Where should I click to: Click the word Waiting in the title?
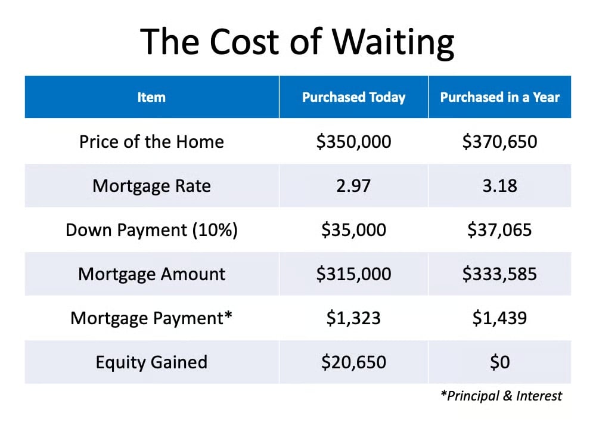click(x=393, y=42)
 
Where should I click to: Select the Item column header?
click(x=151, y=97)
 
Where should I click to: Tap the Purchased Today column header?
click(x=354, y=97)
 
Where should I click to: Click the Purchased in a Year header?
click(x=500, y=97)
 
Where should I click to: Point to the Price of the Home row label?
click(x=151, y=142)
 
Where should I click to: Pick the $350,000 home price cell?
click(x=353, y=142)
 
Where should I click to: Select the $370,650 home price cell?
click(x=500, y=142)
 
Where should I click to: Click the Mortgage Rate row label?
click(x=151, y=186)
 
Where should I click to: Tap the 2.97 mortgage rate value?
click(x=353, y=186)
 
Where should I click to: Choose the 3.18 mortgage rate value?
click(x=500, y=186)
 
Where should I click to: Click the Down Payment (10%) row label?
click(x=151, y=230)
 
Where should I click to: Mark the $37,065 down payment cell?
click(x=500, y=230)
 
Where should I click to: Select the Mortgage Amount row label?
click(x=151, y=274)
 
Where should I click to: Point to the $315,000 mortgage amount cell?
click(x=353, y=274)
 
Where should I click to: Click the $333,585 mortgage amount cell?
click(x=500, y=274)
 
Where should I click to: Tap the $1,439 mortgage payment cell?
click(x=500, y=318)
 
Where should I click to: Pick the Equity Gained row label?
click(x=151, y=362)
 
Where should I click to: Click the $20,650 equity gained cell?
click(x=353, y=362)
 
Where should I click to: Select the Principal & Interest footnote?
click(x=501, y=396)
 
